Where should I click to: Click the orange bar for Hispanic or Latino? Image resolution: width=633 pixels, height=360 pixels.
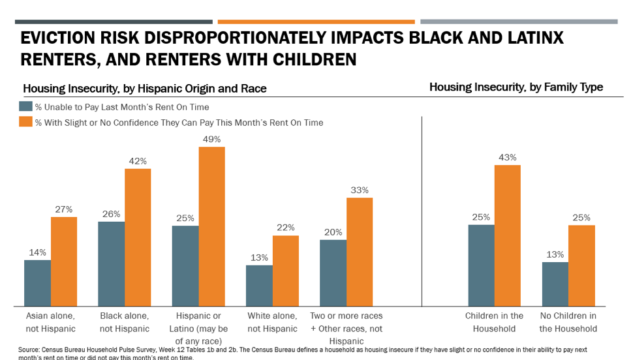pos(211,226)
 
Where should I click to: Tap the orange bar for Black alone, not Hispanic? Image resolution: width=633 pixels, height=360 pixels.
pos(138,237)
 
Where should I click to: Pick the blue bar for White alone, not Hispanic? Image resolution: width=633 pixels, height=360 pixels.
pos(259,286)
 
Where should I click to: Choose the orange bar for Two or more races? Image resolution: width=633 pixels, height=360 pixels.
pos(360,252)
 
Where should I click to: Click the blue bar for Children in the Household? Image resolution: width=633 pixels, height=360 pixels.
pos(481,265)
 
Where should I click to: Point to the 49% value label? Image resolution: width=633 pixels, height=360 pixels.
pos(212,139)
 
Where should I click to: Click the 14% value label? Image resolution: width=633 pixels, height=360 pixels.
pos(37,252)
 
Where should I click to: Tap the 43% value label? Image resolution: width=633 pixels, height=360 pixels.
pos(508,157)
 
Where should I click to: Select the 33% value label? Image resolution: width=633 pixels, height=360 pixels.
pos(360,190)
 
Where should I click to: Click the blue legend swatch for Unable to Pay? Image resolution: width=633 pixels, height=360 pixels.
pos(25,106)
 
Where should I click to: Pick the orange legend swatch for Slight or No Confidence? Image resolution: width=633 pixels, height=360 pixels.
pos(25,122)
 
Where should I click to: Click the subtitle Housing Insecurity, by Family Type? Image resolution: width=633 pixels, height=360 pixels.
pos(516,87)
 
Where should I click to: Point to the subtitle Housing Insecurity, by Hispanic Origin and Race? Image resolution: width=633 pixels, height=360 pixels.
pos(145,88)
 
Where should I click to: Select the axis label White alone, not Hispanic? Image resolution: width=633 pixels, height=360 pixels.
pos(271,322)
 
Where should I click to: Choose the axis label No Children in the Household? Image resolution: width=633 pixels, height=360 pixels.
pos(568,322)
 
